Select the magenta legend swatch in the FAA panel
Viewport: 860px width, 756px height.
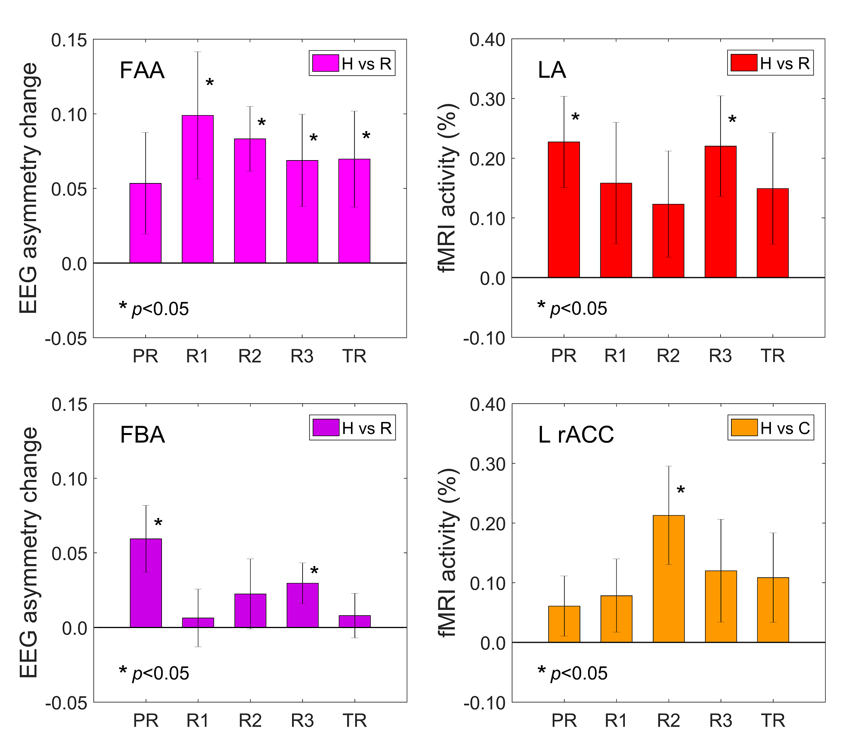click(325, 64)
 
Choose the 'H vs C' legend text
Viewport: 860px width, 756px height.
click(785, 428)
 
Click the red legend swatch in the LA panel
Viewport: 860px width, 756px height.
click(743, 63)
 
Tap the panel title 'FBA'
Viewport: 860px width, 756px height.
click(142, 435)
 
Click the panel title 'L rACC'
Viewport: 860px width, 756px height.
click(576, 435)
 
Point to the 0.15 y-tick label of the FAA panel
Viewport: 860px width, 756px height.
click(69, 40)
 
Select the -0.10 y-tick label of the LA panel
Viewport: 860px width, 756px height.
click(484, 338)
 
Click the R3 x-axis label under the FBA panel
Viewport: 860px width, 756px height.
click(302, 721)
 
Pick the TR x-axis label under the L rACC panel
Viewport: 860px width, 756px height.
click(773, 721)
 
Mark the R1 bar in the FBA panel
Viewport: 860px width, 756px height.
click(198, 622)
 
